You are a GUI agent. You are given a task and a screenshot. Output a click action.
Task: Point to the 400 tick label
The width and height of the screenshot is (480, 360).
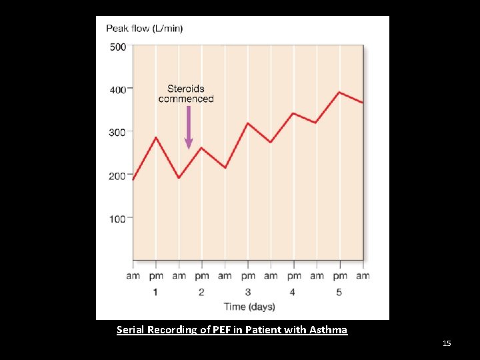coord(117,89)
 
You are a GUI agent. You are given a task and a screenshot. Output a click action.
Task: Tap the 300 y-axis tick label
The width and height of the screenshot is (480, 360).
coord(117,133)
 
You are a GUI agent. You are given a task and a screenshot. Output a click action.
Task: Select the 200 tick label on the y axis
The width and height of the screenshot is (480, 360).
coord(117,176)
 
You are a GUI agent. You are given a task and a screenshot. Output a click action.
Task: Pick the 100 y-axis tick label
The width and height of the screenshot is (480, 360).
coord(117,219)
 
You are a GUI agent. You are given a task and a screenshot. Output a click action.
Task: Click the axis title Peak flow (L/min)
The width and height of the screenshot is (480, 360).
coord(145,29)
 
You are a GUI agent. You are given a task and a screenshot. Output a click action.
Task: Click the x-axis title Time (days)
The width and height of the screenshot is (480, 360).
coord(249,307)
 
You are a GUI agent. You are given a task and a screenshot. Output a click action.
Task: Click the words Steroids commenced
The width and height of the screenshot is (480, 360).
coord(186,93)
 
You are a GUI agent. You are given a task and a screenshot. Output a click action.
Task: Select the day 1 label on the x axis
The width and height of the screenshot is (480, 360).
coord(155,291)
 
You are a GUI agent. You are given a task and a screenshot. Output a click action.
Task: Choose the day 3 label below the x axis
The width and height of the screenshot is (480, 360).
coord(247,291)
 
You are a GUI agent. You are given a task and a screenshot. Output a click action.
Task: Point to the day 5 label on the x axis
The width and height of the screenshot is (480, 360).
coord(339,291)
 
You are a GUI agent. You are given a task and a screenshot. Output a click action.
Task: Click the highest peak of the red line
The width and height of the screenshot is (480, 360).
coord(339,92)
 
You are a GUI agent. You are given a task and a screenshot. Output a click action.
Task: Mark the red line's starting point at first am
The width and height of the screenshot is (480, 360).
coord(133,179)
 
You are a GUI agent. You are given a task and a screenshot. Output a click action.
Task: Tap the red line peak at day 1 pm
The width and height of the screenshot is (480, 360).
coord(156,137)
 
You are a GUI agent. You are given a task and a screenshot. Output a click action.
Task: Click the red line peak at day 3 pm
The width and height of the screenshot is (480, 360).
coord(247,123)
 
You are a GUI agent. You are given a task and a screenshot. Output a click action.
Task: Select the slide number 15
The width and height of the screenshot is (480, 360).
coord(447,343)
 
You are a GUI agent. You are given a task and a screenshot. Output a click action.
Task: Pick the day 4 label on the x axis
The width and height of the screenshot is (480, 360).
coord(293,291)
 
